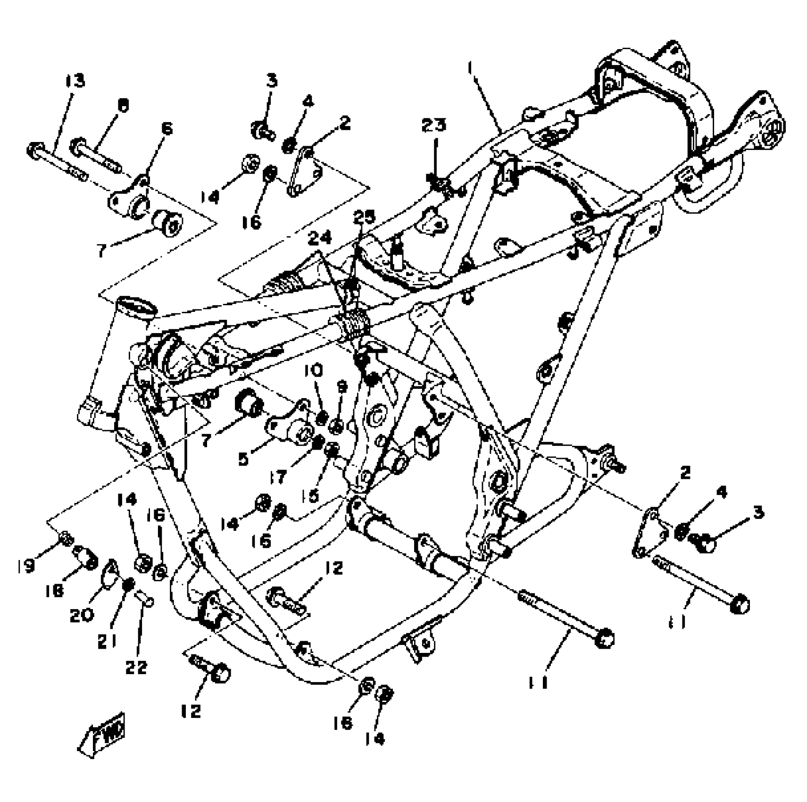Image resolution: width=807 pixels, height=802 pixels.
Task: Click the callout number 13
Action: point(75,81)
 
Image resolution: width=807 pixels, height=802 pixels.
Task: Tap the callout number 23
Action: point(433,125)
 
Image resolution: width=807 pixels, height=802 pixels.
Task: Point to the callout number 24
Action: point(319,238)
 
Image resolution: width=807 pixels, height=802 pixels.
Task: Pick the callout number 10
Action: point(313,371)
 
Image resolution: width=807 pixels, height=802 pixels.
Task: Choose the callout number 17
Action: point(278,477)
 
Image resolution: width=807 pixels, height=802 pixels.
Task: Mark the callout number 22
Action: point(136,667)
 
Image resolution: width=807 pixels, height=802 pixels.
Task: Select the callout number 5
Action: point(243,459)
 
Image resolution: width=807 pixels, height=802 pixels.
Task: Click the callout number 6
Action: point(166,128)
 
